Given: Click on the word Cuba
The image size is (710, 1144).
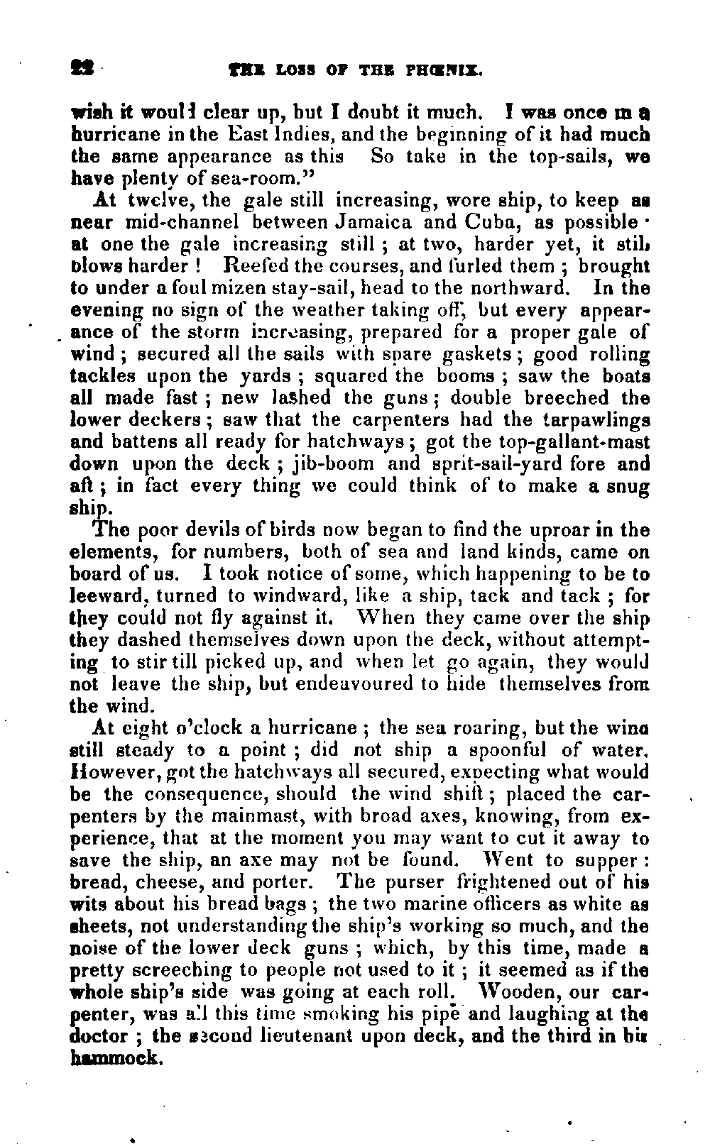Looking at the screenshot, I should [x=491, y=222].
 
